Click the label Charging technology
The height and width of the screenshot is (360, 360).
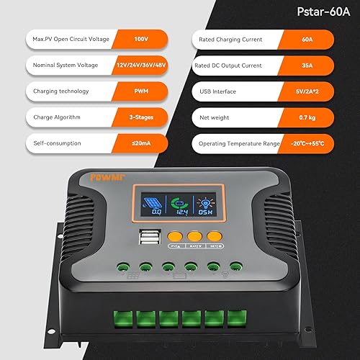pyautogui.click(x=61, y=91)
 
